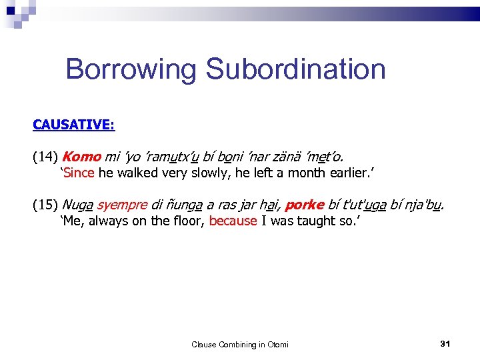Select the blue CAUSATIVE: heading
click(x=74, y=125)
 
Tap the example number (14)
click(x=45, y=157)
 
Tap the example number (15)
click(x=45, y=205)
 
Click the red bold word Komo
click(x=81, y=157)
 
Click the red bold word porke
click(x=304, y=205)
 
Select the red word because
click(x=233, y=221)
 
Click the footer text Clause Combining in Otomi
click(x=240, y=344)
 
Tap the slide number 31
click(x=446, y=343)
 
